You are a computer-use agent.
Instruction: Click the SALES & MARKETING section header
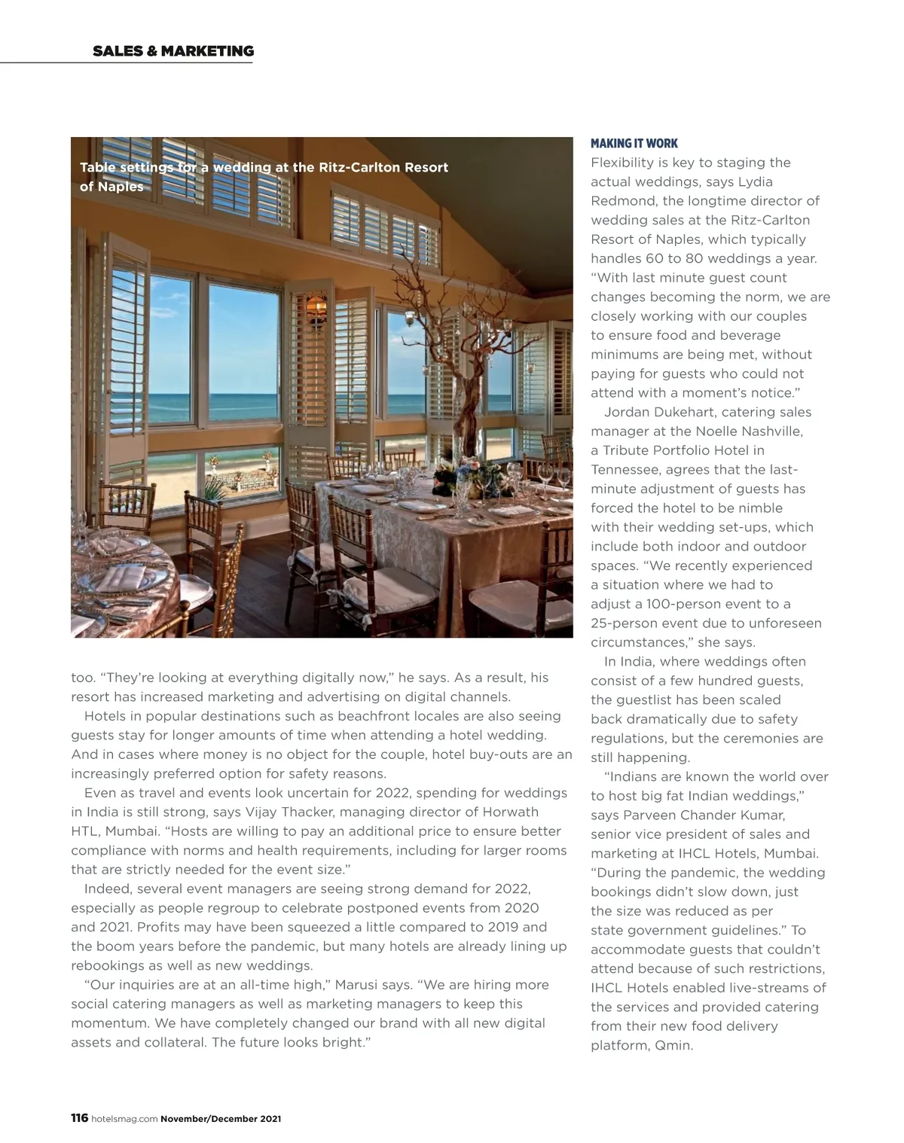[x=173, y=51]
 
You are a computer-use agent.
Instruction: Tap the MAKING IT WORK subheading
[x=634, y=143]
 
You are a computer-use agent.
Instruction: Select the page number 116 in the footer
[x=79, y=1118]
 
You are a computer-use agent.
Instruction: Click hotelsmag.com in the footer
[x=124, y=1119]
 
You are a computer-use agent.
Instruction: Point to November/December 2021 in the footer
[x=221, y=1119]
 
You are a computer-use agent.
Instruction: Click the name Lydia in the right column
[x=755, y=181]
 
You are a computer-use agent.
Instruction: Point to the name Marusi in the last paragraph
[x=359, y=985]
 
